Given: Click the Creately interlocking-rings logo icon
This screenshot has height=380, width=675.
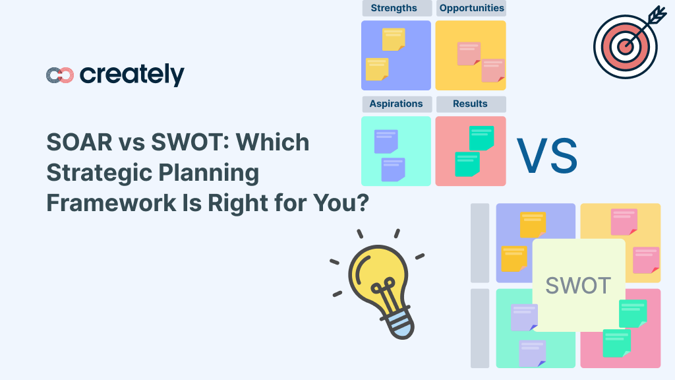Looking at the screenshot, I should (x=59, y=75).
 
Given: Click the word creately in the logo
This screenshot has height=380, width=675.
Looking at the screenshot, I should (x=132, y=75).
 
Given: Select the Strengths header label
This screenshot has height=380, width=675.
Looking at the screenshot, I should (x=394, y=9).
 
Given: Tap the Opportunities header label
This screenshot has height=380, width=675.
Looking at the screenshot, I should (x=471, y=9).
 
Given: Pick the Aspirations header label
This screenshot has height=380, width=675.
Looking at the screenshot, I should (x=396, y=104).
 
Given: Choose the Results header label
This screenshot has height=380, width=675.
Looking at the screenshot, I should (x=470, y=104).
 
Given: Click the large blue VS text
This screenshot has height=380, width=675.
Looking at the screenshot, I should (x=546, y=156).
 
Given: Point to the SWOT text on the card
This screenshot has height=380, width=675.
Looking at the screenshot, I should (x=578, y=285).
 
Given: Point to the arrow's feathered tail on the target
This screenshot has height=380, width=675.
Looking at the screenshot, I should (x=657, y=15).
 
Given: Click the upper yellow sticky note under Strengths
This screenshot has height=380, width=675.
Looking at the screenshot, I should (x=394, y=39).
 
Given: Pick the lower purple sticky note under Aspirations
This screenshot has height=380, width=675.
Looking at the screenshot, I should (x=394, y=169).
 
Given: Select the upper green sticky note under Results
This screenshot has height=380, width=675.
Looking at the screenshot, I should (x=481, y=137).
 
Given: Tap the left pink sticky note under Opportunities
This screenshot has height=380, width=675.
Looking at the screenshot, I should (x=469, y=53).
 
